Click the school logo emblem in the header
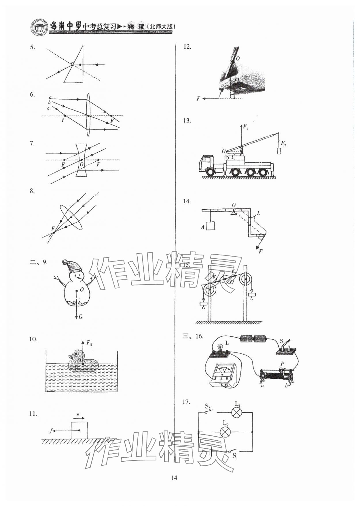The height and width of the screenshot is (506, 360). tap(39, 27)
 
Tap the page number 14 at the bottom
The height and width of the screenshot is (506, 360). tap(174, 478)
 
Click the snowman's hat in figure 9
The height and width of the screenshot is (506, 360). tap(72, 266)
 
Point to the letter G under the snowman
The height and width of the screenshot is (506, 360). tap(80, 317)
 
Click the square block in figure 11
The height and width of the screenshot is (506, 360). tap(79, 430)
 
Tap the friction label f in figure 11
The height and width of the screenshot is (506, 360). tap(51, 431)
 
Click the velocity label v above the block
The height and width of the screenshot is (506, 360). tap(78, 415)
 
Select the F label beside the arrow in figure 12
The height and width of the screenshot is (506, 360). tap(198, 99)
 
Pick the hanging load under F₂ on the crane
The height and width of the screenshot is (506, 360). tap(278, 151)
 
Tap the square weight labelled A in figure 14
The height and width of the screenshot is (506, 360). tap(211, 226)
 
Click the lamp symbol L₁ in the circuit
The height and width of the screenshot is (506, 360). tap(237, 412)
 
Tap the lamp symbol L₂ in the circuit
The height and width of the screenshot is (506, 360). tap(226, 432)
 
